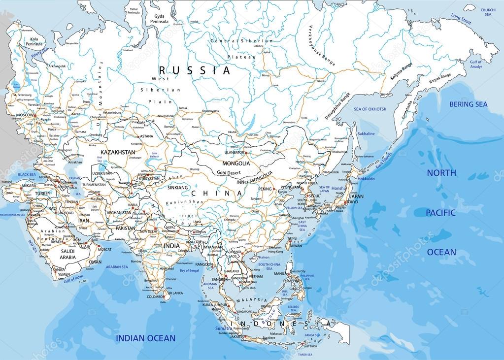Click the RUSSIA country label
click(195, 70)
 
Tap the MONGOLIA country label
click(236, 163)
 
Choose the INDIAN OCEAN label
click(145, 338)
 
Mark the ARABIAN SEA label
click(117, 267)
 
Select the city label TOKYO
click(352, 202)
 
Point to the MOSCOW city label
click(25, 115)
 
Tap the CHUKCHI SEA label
click(488, 12)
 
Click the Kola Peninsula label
click(34, 41)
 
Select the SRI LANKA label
click(176, 293)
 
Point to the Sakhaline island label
click(366, 134)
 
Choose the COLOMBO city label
click(155, 297)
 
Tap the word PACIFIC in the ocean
click(441, 212)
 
